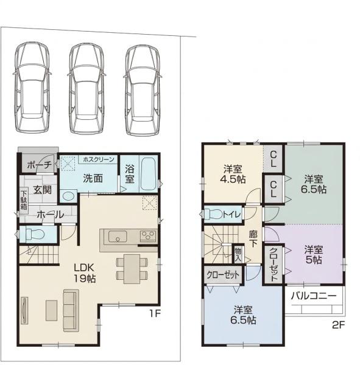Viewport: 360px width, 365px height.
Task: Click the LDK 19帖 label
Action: pyautogui.click(x=85, y=273)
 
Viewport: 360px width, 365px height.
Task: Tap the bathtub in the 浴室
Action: pyautogui.click(x=148, y=173)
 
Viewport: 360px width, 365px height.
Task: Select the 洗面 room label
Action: pyautogui.click(x=93, y=178)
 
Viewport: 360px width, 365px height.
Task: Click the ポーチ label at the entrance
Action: pyautogui.click(x=39, y=165)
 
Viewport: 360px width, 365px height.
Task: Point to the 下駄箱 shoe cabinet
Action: pyautogui.click(x=24, y=200)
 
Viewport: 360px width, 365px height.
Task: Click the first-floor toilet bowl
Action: pyautogui.click(x=34, y=234)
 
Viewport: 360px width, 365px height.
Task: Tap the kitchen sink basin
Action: pyautogui.click(x=118, y=236)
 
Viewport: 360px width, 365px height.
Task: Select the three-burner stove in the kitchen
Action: pyautogui.click(x=148, y=235)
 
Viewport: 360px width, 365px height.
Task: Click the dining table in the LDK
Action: pyautogui.click(x=132, y=269)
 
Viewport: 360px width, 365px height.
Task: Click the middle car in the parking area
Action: pyautogui.click(x=86, y=88)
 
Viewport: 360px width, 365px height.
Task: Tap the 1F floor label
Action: pyautogui.click(x=155, y=314)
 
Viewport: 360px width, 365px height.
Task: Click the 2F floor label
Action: pyautogui.click(x=338, y=325)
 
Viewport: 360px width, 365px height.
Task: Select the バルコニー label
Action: pyautogui.click(x=314, y=296)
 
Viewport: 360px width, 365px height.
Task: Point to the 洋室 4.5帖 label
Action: pyautogui.click(x=233, y=174)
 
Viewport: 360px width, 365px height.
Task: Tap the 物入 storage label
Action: pyautogui.click(x=238, y=255)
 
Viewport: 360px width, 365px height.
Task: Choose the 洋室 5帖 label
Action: pyautogui.click(x=314, y=254)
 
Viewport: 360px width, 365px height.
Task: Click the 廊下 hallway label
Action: pyautogui.click(x=253, y=238)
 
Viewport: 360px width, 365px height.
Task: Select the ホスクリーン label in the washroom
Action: pyautogui.click(x=99, y=159)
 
